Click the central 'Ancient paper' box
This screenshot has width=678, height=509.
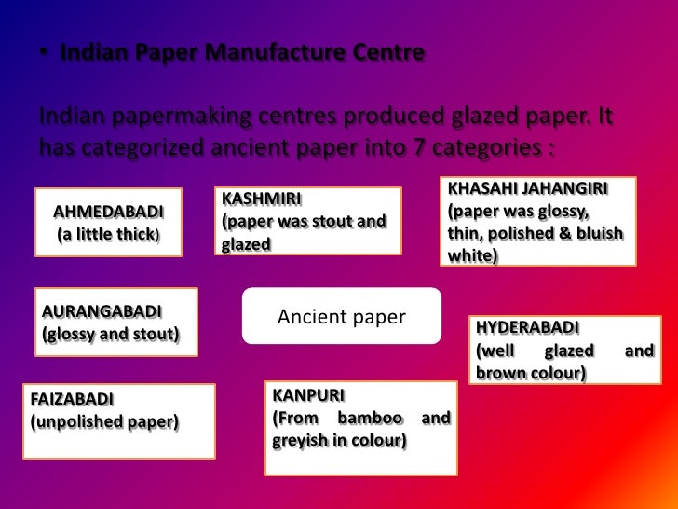[342, 317]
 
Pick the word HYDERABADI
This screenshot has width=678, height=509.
[528, 328]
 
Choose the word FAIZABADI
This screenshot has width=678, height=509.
[72, 399]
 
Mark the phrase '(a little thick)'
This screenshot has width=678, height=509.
[108, 234]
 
